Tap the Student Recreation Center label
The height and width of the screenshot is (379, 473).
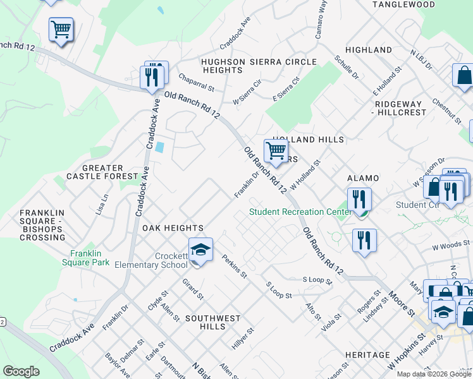tap(300, 212)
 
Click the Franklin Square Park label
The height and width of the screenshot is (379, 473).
tap(90, 258)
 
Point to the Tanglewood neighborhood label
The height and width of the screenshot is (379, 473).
tap(403, 4)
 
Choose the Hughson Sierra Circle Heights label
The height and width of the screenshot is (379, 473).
tap(259, 66)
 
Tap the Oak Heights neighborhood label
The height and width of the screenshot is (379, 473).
tap(173, 228)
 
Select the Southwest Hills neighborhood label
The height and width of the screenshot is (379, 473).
tap(212, 322)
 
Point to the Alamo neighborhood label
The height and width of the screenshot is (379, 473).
tap(362, 179)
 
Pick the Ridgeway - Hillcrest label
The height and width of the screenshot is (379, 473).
tap(400, 108)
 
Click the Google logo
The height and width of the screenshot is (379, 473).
tap(21, 371)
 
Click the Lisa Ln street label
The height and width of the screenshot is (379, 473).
tap(102, 205)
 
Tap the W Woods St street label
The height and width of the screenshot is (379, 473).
tap(451, 243)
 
